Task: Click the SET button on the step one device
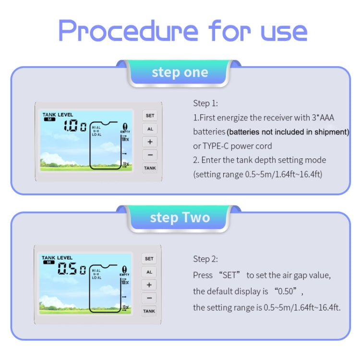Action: click(150, 116)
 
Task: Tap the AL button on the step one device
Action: click(150, 129)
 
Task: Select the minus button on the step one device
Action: click(150, 155)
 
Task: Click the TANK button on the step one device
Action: click(150, 168)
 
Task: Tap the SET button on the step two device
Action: click(149, 259)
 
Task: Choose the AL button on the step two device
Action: click(149, 272)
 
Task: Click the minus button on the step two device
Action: click(149, 298)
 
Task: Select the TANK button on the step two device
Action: click(149, 311)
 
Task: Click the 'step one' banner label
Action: click(180, 72)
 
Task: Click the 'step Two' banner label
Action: click(180, 217)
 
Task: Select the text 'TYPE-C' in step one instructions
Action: click(218, 146)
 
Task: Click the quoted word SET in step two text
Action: click(229, 275)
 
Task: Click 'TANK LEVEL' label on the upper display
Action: click(58, 115)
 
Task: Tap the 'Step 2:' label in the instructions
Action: click(205, 259)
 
